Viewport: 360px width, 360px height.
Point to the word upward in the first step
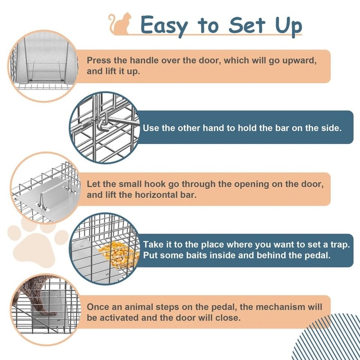(297, 60)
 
